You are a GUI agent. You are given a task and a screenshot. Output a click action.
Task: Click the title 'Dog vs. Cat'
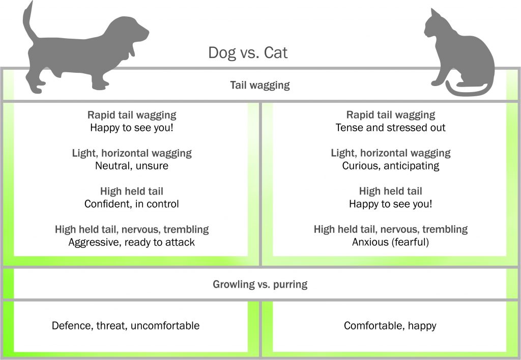(248, 52)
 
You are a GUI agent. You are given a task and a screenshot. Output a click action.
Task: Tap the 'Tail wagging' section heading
(260, 85)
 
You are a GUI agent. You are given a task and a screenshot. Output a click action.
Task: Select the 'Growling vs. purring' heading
(260, 284)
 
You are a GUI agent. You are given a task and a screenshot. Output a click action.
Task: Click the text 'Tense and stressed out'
(390, 128)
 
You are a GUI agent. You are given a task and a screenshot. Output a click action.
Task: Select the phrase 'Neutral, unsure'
(132, 165)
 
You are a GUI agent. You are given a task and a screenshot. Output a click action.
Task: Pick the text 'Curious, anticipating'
(391, 165)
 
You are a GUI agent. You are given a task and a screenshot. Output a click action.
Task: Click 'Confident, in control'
(132, 204)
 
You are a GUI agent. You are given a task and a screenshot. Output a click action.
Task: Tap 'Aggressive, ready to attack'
(132, 242)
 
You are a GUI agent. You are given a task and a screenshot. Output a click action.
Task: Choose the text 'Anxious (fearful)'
(390, 242)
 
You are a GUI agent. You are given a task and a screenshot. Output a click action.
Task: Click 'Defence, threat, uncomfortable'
(126, 325)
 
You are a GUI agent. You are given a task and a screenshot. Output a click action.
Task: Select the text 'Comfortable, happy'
(390, 326)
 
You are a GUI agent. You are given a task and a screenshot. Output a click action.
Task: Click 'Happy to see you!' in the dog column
(132, 128)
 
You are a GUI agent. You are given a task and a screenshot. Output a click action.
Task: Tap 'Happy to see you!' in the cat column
(390, 204)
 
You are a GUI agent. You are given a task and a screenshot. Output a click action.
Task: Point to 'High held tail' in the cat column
(390, 191)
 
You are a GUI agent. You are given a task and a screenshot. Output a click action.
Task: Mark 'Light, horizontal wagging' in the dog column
(132, 153)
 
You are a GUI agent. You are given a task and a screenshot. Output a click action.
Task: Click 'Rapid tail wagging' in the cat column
(391, 115)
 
